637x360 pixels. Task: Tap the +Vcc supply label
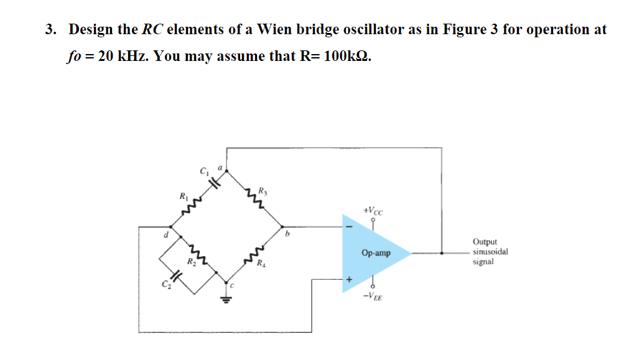pyautogui.click(x=373, y=211)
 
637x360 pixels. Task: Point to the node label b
pyautogui.click(x=287, y=236)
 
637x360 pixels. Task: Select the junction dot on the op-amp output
pyautogui.click(x=442, y=253)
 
